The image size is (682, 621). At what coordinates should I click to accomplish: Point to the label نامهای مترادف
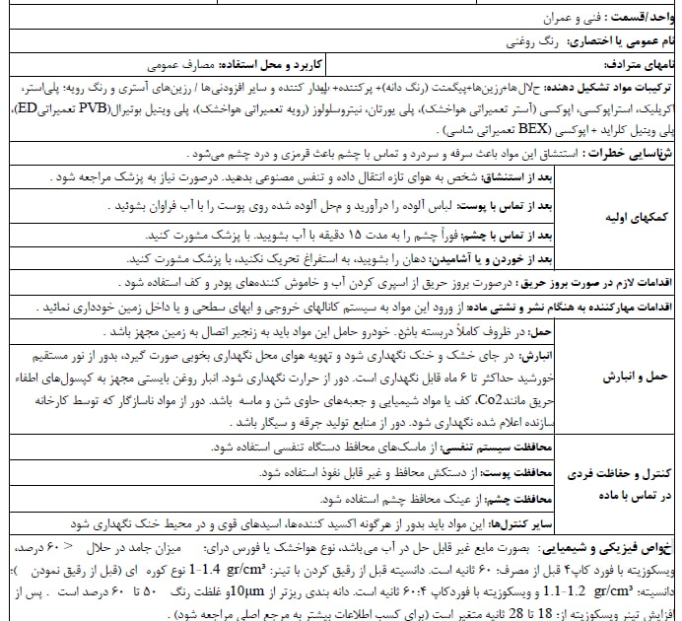click(635, 65)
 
